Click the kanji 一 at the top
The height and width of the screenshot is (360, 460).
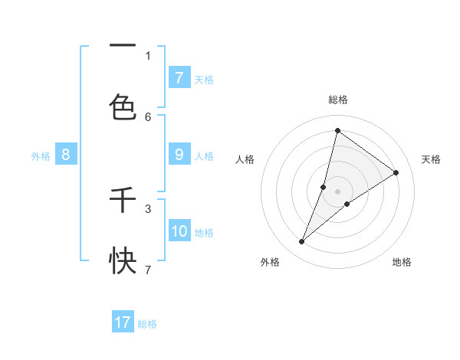tap(123, 45)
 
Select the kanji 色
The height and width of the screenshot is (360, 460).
tap(123, 107)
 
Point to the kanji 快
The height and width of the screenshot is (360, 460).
tap(123, 261)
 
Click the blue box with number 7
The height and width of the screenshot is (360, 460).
tap(179, 77)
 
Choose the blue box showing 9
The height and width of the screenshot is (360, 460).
tap(179, 155)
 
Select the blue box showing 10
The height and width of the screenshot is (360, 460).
tap(179, 231)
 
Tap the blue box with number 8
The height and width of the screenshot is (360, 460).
tap(66, 155)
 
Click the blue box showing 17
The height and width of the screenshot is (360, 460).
tap(123, 322)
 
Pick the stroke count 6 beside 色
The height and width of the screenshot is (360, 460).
tap(148, 116)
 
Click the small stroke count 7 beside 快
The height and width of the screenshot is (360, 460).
tap(148, 270)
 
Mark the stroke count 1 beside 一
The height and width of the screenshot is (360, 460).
tap(148, 55)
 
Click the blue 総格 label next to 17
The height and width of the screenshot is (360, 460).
tap(147, 324)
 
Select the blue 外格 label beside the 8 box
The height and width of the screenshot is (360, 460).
tap(41, 156)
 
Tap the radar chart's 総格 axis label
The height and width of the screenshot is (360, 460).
tap(338, 100)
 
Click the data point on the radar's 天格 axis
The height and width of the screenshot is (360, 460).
tap(396, 172)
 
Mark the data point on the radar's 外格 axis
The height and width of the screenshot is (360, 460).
tap(302, 242)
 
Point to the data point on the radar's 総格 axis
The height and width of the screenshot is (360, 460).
tap(337, 130)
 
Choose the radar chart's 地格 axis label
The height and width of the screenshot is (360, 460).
tap(402, 263)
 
